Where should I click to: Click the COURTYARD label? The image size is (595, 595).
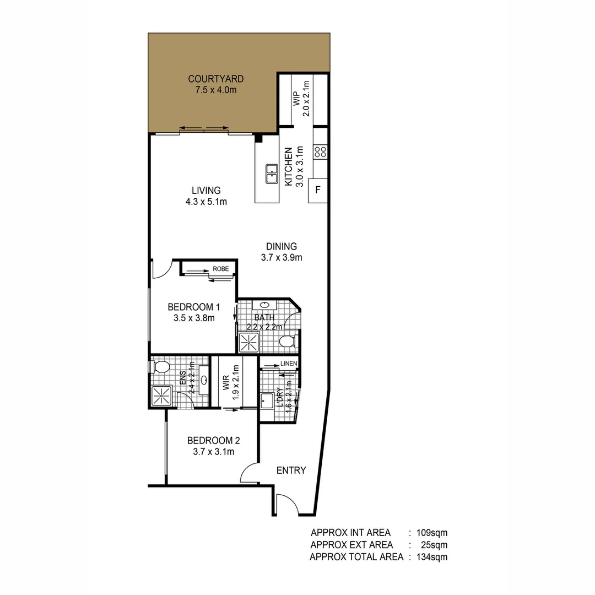click(x=215, y=79)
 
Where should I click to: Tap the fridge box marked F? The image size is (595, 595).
click(x=318, y=191)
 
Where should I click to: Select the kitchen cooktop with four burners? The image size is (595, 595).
click(x=320, y=152)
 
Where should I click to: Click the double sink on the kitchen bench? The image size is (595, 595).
click(x=271, y=174)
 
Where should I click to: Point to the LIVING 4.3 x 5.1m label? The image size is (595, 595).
click(x=206, y=196)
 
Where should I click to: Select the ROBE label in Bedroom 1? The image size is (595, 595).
click(x=220, y=269)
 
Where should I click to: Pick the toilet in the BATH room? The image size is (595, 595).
click(x=287, y=342)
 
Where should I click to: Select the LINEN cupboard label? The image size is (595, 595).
click(x=289, y=364)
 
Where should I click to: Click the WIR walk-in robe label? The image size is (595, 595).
click(x=225, y=383)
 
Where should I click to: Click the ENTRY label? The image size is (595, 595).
click(x=291, y=470)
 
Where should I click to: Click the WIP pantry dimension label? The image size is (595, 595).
click(x=301, y=99)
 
